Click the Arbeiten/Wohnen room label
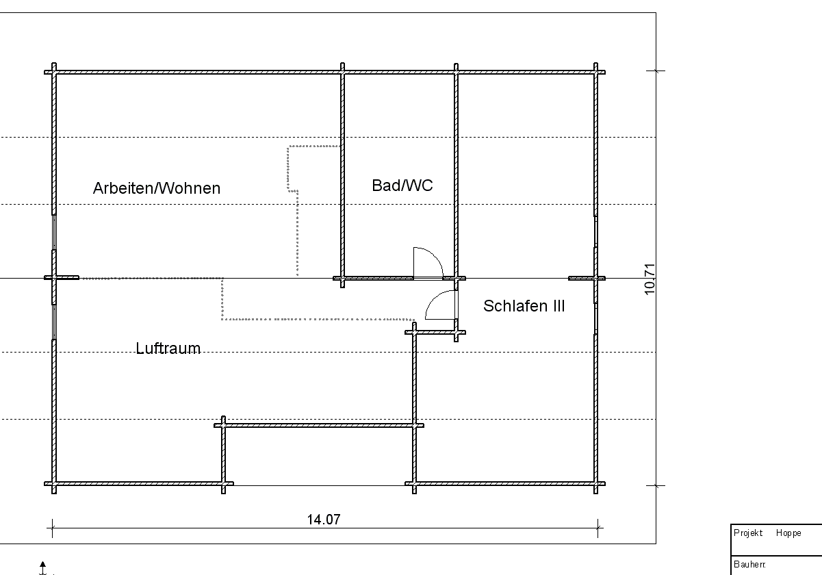click(x=157, y=188)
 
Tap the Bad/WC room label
click(x=402, y=186)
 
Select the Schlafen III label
click(x=524, y=306)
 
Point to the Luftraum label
click(x=168, y=348)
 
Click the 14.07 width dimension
click(x=323, y=519)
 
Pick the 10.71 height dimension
click(x=650, y=279)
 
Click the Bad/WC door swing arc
click(x=429, y=261)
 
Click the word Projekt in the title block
click(x=747, y=533)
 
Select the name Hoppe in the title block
click(x=788, y=533)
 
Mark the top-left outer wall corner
click(x=53, y=71)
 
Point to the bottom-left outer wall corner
click(x=53, y=484)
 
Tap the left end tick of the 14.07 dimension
click(x=52, y=527)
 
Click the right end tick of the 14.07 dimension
click(x=599, y=527)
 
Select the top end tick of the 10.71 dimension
click(x=656, y=71)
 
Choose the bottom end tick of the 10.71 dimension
click(x=656, y=485)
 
